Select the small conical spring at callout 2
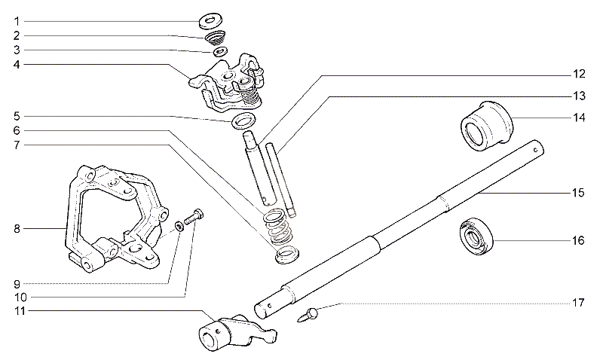pos(215,38)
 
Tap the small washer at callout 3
pos(220,51)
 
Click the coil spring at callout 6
pos(278,227)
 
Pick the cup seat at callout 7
pos(287,255)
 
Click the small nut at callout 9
pos(179,226)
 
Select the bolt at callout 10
pos(194,217)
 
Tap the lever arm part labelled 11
pos(235,332)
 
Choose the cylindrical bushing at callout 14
pos(487,126)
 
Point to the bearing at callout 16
pos(476,236)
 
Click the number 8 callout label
pos(17,230)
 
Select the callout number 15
pos(578,193)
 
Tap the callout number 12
pos(579,74)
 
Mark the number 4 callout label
pos(17,64)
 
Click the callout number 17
pos(578,303)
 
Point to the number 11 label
pos(20,311)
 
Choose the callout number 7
pos(17,145)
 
